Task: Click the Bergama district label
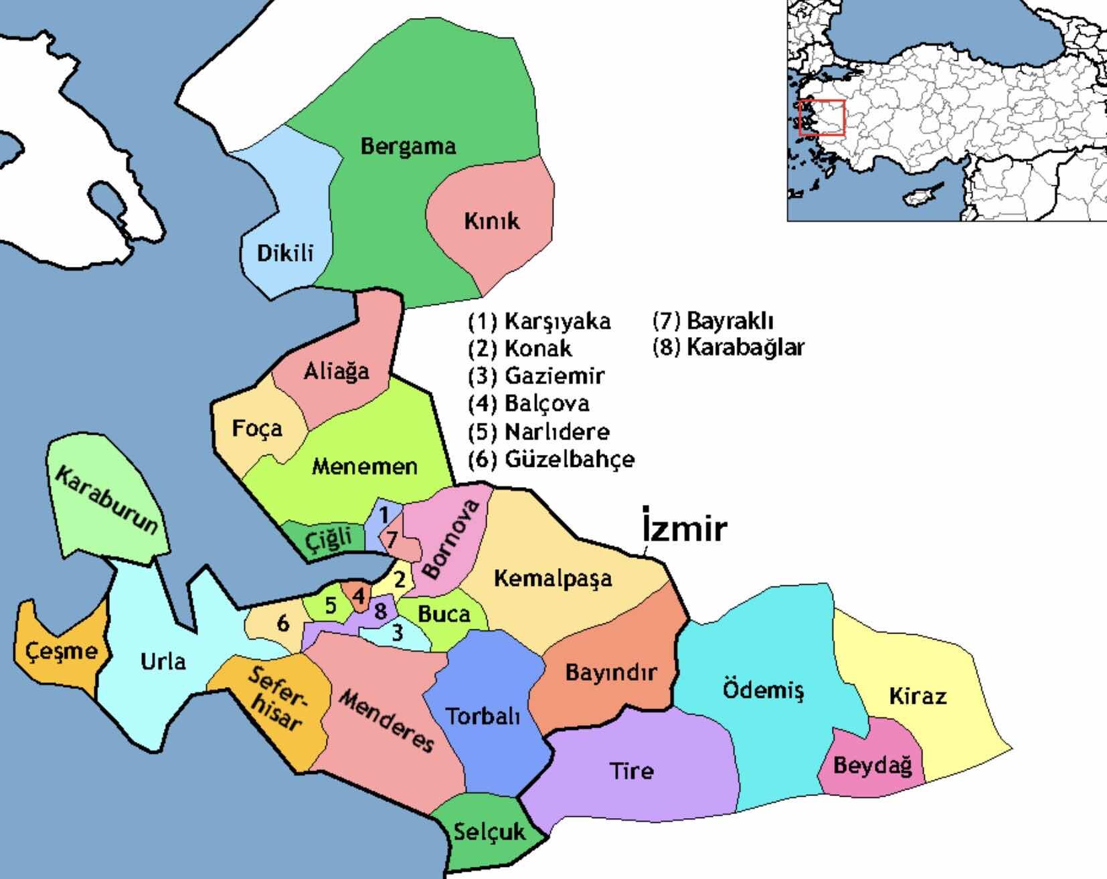[408, 146]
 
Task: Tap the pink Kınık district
[492, 221]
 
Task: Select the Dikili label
[285, 253]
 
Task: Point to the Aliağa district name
[336, 371]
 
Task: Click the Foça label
[257, 428]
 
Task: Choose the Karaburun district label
[107, 501]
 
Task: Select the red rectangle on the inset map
[822, 118]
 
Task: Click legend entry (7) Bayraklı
[713, 320]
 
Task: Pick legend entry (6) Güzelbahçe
[551, 460]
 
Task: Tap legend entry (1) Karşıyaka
[539, 321]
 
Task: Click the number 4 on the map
[359, 595]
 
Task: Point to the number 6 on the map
[283, 623]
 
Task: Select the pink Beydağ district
[872, 765]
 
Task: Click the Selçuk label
[489, 832]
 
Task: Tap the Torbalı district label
[483, 716]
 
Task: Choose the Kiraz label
[918, 696]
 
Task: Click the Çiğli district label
[329, 539]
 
